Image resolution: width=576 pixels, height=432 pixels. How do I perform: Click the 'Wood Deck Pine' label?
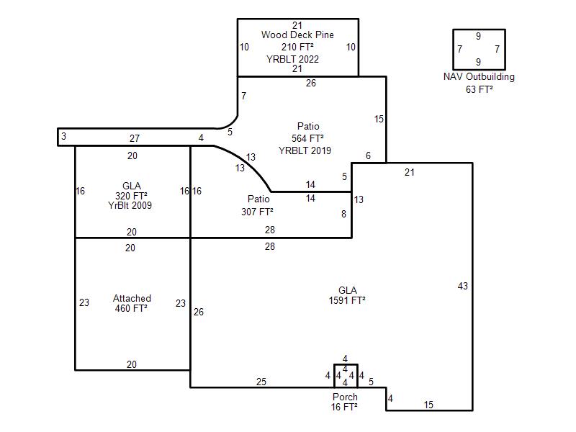(x=297, y=35)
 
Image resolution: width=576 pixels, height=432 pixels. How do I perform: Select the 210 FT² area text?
(x=297, y=47)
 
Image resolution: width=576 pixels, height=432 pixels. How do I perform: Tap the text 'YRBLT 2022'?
(x=293, y=59)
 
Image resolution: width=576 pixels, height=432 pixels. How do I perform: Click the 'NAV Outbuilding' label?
(x=479, y=77)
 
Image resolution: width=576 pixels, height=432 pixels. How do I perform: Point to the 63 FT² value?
(x=479, y=89)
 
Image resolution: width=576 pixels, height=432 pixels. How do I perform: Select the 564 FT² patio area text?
(x=307, y=138)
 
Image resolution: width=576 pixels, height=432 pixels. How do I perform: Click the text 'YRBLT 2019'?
(x=305, y=150)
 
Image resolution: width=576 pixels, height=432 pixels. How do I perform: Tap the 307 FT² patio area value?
(x=257, y=212)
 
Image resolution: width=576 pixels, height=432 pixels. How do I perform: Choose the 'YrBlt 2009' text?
(x=130, y=205)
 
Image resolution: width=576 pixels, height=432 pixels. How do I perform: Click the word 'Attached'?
(x=132, y=298)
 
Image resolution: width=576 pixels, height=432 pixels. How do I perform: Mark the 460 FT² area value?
(x=131, y=308)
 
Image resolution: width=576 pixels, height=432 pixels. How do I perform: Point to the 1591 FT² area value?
(x=347, y=300)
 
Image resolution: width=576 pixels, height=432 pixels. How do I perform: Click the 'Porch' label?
(x=345, y=397)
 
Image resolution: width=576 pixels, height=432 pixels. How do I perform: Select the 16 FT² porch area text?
(x=344, y=407)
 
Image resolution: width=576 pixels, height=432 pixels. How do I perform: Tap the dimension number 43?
(x=463, y=286)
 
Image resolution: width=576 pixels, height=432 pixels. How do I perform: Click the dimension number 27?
(x=135, y=138)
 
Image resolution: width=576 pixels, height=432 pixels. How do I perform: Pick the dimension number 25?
(x=261, y=382)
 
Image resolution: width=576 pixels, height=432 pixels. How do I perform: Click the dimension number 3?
(x=63, y=136)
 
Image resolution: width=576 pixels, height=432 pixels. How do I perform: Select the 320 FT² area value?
(x=131, y=196)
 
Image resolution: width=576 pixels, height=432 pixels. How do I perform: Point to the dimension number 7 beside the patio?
(x=243, y=96)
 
